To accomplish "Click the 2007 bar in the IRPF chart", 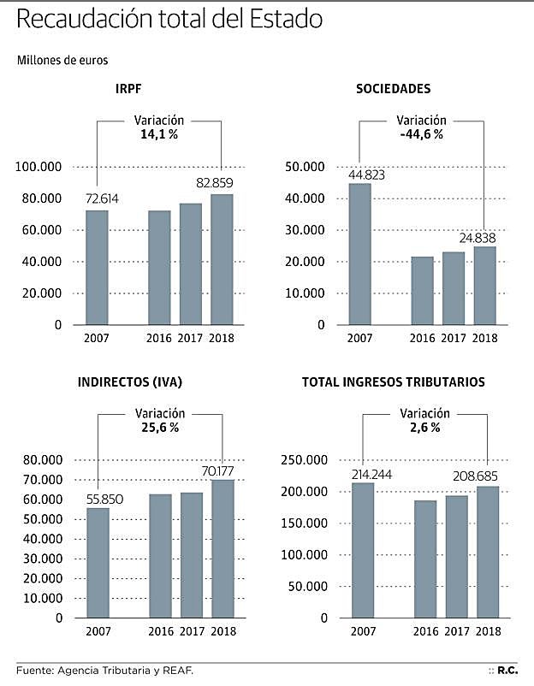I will (97, 267).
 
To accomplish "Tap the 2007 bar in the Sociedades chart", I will (359, 254).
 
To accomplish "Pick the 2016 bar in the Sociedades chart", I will (422, 291).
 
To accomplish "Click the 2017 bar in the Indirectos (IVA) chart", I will (192, 555).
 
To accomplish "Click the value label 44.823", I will (365, 175).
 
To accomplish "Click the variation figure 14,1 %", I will (159, 135).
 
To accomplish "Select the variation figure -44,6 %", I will (422, 135).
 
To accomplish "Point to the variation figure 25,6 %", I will (160, 428).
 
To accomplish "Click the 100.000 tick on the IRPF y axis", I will (39, 167).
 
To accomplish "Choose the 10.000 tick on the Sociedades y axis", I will (306, 293).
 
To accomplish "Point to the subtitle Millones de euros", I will (61, 60).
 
